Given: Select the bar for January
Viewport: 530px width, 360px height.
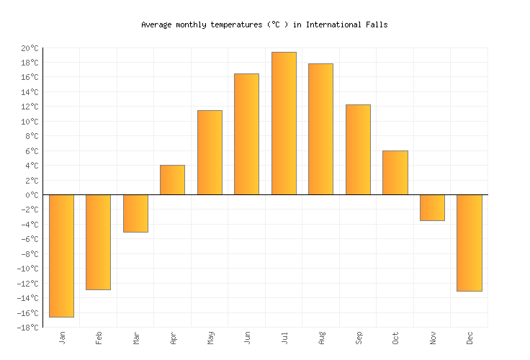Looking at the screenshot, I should pos(61,256).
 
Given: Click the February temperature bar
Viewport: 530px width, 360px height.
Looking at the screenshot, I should pos(98,242).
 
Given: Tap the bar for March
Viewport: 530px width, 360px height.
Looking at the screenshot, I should pos(135,213).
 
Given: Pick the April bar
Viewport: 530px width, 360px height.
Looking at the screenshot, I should pos(172,180).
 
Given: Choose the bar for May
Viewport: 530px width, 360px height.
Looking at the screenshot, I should pos(210,153).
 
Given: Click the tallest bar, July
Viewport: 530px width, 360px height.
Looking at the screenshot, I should pos(284,123).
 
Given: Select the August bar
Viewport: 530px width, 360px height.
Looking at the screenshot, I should pos(320,129).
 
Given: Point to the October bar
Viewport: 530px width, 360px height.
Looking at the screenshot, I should pos(395,173).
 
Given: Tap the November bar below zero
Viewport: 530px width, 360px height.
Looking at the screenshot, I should pos(432,207).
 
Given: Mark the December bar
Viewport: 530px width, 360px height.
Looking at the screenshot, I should pos(469,243).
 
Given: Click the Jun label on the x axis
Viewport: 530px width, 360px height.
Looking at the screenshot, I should pos(246,338).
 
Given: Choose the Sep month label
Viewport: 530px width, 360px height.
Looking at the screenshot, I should pos(358,338).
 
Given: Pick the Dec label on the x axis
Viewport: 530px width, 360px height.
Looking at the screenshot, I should pos(470,338).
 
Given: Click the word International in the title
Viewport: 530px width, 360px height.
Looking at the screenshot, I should pos(336,24).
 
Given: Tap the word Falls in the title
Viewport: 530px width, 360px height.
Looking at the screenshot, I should pos(377,24).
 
